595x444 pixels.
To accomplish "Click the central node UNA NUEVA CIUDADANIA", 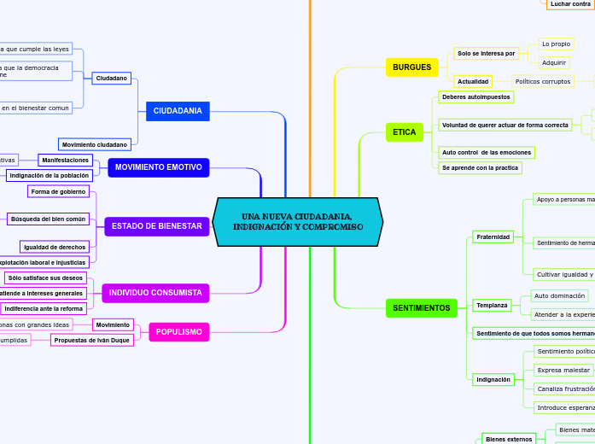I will tap(297, 222).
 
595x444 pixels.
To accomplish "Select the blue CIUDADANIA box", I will tap(178, 111).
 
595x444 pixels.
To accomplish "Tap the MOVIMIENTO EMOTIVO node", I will tap(158, 167).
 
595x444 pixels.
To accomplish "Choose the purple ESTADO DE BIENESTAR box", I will tap(157, 226).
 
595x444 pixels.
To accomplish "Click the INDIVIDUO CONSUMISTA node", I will tap(155, 293).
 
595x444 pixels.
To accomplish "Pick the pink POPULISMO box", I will tap(179, 331).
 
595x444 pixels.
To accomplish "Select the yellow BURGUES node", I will tap(412, 67).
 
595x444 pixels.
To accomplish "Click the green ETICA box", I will tap(404, 132).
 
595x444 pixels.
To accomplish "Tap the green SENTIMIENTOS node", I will tap(421, 307).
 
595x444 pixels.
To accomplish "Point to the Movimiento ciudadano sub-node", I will tap(95, 144).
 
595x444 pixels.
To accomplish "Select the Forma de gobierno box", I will tap(58, 191).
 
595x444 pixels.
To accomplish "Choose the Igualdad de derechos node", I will tap(55, 247).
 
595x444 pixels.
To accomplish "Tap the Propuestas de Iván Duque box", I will tap(92, 340).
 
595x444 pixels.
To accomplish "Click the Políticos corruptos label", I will tap(544, 81).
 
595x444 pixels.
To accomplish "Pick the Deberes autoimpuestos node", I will tap(476, 97).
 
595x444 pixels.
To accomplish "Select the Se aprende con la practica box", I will tap(480, 168).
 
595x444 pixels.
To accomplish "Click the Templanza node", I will tap(492, 305).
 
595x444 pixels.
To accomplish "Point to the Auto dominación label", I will tap(559, 295).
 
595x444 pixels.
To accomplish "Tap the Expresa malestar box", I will tap(564, 370).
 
